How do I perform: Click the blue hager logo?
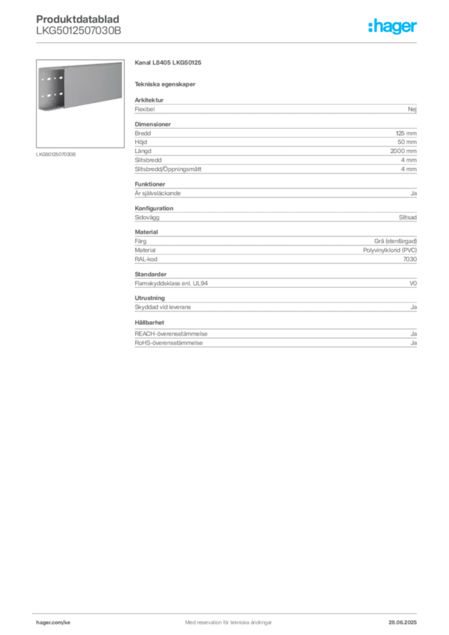393,27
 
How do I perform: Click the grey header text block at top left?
79,25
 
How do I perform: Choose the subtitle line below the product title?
166,84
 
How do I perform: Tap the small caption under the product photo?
56,154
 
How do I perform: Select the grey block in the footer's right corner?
406,619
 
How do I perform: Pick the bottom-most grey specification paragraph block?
275,339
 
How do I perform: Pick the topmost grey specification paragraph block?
275,109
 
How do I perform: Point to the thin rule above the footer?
228,611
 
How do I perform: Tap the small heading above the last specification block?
151,322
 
